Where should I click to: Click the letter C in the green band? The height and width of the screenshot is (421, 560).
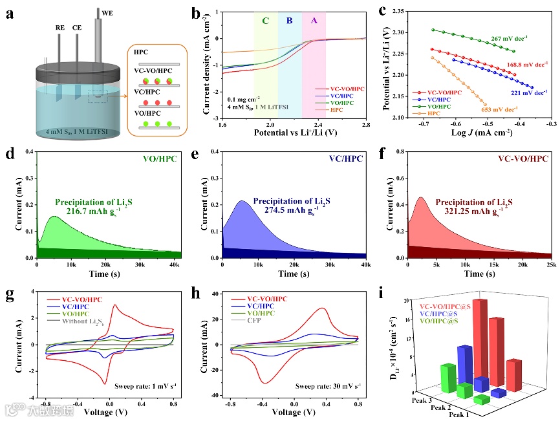(x=265, y=21)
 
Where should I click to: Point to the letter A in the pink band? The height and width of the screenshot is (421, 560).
(x=314, y=21)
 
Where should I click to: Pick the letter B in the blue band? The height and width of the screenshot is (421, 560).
(x=289, y=21)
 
